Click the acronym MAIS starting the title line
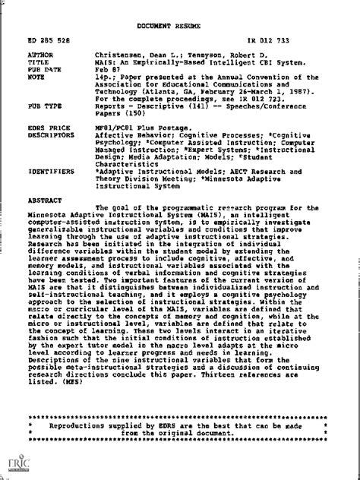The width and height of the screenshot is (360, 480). [x=105, y=62]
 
